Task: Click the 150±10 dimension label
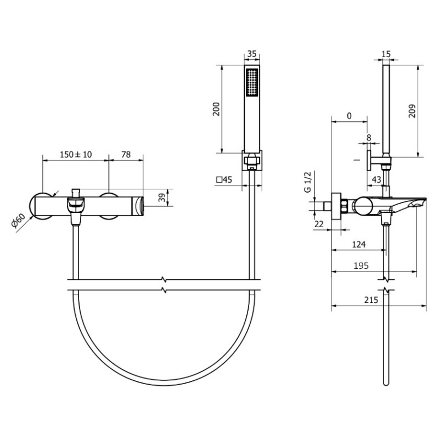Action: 76,154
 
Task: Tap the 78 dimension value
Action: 126,154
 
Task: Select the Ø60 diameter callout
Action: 18,221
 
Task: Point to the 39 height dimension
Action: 162,197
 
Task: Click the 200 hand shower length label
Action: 216,109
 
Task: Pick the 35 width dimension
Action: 252,53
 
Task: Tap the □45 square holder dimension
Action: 224,179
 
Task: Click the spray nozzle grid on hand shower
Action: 252,83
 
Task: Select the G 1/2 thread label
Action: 307,182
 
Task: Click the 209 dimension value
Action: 412,111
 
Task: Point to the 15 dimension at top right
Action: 386,54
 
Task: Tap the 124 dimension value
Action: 359,244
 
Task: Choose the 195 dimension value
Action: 361,266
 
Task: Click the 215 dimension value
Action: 372,300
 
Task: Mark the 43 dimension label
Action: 377,179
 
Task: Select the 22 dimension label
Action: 319,224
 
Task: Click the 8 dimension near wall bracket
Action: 369,138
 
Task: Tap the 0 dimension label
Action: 349,116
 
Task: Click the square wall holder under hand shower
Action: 252,160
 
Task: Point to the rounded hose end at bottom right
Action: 386,383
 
